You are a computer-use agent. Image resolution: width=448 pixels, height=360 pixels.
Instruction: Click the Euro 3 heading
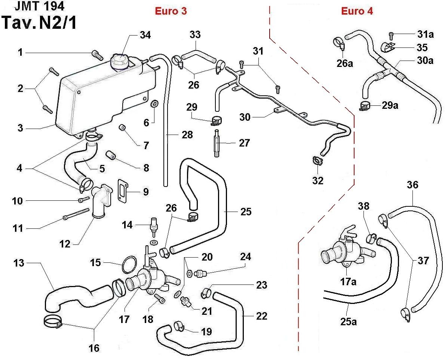[171, 11]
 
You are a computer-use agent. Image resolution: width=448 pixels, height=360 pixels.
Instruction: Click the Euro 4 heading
[357, 11]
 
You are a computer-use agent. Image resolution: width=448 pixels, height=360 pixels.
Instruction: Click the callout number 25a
[349, 321]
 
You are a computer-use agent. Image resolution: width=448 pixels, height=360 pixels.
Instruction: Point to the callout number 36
[413, 185]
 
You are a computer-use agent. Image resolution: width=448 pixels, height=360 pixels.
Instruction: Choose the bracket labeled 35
[387, 47]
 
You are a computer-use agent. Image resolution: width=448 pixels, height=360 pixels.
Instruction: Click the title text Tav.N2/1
[39, 23]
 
